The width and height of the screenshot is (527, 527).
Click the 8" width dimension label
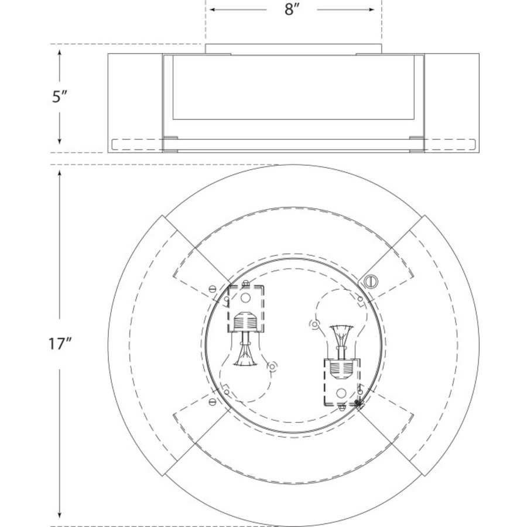tap(292, 11)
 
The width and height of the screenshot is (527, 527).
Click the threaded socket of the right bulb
tap(341, 369)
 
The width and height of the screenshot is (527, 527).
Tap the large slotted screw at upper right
tap(369, 282)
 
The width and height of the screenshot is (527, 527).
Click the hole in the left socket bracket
tap(246, 297)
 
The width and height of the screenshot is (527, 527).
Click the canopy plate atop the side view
tap(293, 49)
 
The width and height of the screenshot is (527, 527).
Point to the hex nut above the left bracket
tap(246, 283)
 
